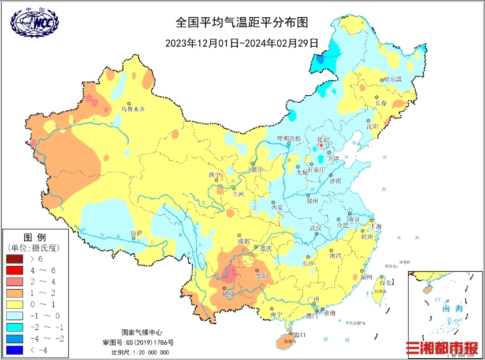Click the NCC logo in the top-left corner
click(35, 21)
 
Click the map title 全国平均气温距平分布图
click(242, 22)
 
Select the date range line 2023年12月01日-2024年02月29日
click(242, 42)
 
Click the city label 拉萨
click(136, 233)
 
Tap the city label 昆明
click(227, 294)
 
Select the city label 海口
click(299, 335)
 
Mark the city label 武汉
click(315, 228)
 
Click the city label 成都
click(244, 241)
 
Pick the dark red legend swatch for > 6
click(14, 259)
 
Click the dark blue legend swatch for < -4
click(14, 350)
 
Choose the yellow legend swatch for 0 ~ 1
click(14, 304)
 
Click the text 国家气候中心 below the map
click(141, 333)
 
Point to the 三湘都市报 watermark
click(442, 348)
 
